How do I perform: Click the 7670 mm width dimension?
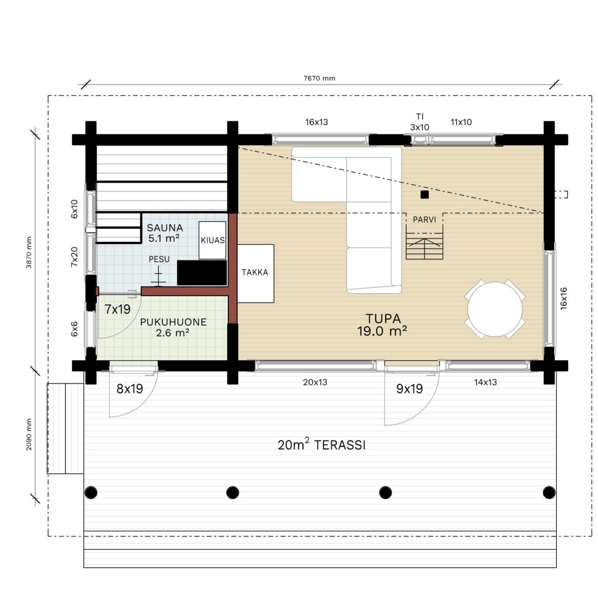pos(319,78)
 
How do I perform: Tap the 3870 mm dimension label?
pos(29,252)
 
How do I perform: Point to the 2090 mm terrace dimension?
pos(29,435)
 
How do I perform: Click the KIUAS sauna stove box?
pos(213,240)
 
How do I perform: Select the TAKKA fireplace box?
pos(256,273)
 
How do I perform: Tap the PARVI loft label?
pos(424,219)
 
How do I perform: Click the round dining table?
pos(495,309)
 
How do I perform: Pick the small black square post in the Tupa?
pos(425,194)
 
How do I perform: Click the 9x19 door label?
pos(409,388)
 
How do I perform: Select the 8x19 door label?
pos(130,388)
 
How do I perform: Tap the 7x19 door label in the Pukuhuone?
pos(117,309)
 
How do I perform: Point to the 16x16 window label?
pos(564,298)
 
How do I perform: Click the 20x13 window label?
pos(315,382)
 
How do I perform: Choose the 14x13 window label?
pos(485,382)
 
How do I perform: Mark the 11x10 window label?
pos(461,122)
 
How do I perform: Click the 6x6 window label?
pos(74,329)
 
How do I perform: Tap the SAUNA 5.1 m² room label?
pos(164,233)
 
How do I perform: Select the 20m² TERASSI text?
pos(322,444)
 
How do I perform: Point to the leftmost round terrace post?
pos(91,493)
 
